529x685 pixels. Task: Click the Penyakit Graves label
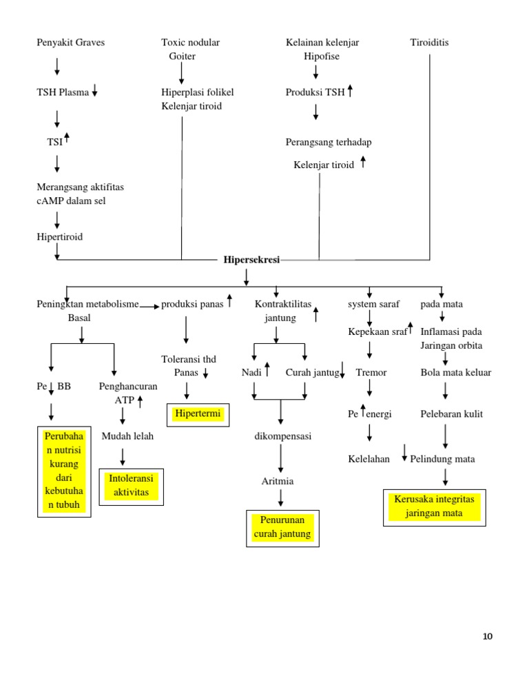[x=71, y=43]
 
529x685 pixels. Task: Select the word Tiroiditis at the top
[x=429, y=43]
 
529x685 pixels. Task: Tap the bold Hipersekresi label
[x=251, y=260]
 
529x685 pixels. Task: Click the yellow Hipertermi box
[x=199, y=415]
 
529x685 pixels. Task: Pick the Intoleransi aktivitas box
[x=132, y=486]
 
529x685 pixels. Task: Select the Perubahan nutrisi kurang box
[x=64, y=471]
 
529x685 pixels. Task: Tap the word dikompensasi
[x=283, y=436]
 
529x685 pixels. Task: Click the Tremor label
[x=371, y=373]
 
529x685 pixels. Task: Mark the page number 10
[x=488, y=636]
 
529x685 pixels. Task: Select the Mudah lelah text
[x=127, y=436]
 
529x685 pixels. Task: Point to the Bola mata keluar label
[x=456, y=373]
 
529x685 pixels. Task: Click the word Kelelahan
[x=369, y=458]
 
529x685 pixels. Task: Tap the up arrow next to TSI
[x=67, y=138]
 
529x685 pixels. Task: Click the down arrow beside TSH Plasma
[x=94, y=92]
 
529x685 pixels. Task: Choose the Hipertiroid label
[x=59, y=236]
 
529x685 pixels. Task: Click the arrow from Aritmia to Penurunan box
[x=281, y=498]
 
